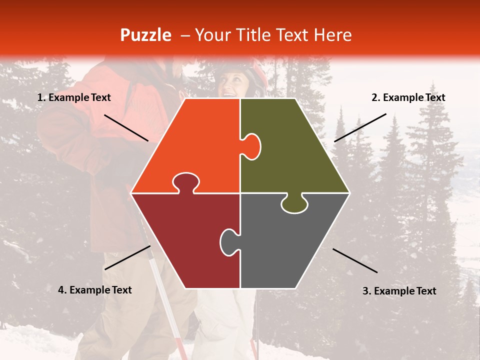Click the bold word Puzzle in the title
145,35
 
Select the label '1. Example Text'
74,98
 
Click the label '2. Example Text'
408,98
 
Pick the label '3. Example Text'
399,291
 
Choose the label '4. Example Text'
95,290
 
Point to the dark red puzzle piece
180,240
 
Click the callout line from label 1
126,127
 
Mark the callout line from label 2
360,127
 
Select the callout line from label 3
355,260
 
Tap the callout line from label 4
127,257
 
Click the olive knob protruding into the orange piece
252,146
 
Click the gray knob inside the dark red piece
228,241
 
